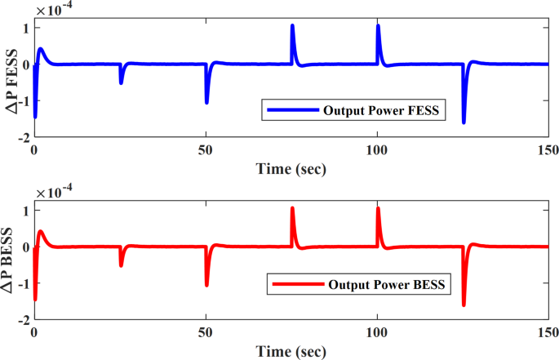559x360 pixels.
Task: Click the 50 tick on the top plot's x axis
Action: [206, 150]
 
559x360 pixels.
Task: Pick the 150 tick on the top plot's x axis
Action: [548, 150]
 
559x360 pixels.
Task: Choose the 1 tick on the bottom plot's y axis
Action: [26, 210]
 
